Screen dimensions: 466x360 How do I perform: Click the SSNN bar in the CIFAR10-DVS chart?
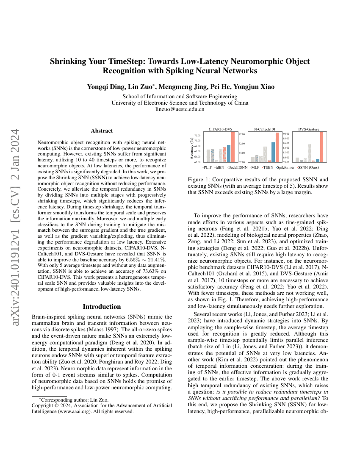coord(233,147)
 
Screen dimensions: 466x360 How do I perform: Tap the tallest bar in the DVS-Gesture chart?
coord(321,147)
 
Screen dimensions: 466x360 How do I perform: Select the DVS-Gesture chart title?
coord(309,129)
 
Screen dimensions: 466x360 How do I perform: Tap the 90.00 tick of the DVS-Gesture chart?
coord(286,134)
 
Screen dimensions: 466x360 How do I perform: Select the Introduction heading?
coord(102,306)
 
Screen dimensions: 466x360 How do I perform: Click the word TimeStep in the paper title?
coord(127,61)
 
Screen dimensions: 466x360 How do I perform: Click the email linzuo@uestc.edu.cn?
coord(180,109)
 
